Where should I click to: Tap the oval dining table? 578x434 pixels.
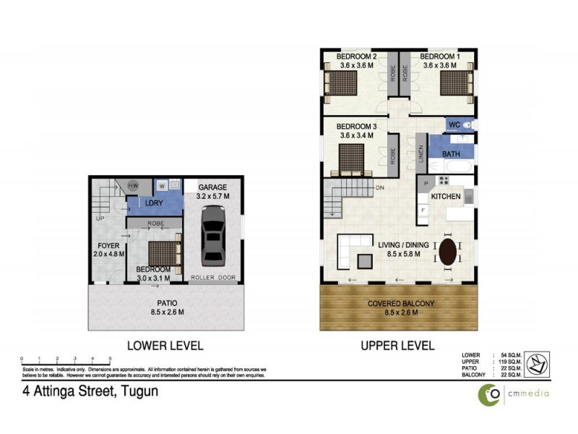(x=448, y=252)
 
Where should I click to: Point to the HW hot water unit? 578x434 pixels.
(x=133, y=186)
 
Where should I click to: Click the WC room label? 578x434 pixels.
(x=454, y=125)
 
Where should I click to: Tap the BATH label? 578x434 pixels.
(x=451, y=154)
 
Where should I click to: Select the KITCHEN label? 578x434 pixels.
(x=447, y=197)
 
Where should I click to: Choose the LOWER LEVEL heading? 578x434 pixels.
(x=164, y=345)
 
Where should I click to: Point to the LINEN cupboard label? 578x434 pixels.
(x=420, y=155)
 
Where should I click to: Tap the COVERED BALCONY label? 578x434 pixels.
(x=397, y=303)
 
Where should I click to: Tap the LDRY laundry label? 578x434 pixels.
(x=153, y=203)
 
